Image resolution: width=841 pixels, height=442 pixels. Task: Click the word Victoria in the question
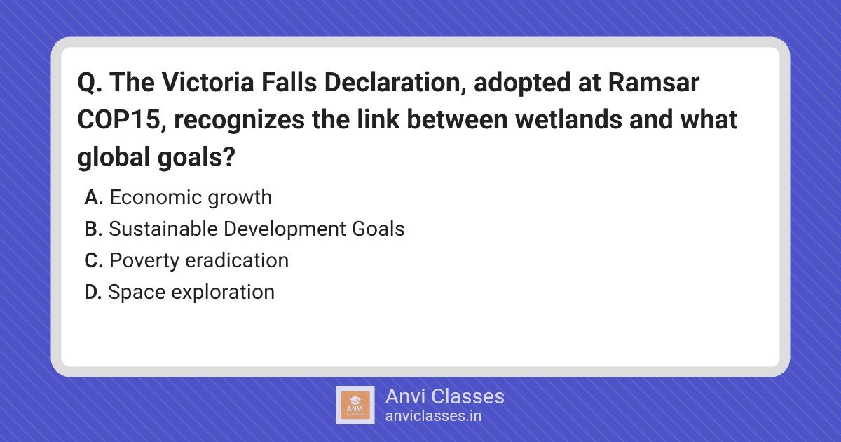point(208,82)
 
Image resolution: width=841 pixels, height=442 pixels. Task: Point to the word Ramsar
point(654,82)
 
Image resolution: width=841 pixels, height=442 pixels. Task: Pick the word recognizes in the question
point(239,120)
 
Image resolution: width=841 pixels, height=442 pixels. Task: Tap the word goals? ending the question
point(196,157)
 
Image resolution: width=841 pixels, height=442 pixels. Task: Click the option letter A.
point(94,198)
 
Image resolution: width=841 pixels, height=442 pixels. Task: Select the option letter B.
point(93,229)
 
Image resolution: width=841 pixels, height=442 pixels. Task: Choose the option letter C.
point(94,260)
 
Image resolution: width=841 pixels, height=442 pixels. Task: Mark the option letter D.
point(93,292)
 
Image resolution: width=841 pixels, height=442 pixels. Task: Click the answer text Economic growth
point(191,198)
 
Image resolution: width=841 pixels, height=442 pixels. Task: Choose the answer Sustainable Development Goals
point(257,229)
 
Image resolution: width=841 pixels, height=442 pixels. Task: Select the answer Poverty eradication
point(199,260)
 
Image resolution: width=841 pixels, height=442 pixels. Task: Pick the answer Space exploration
point(191,293)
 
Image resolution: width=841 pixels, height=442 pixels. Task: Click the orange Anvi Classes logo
point(355,406)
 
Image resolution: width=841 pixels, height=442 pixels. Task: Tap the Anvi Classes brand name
point(445,396)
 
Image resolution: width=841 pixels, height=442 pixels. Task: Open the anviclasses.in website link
point(433,416)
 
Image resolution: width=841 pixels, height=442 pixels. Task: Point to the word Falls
point(289,82)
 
